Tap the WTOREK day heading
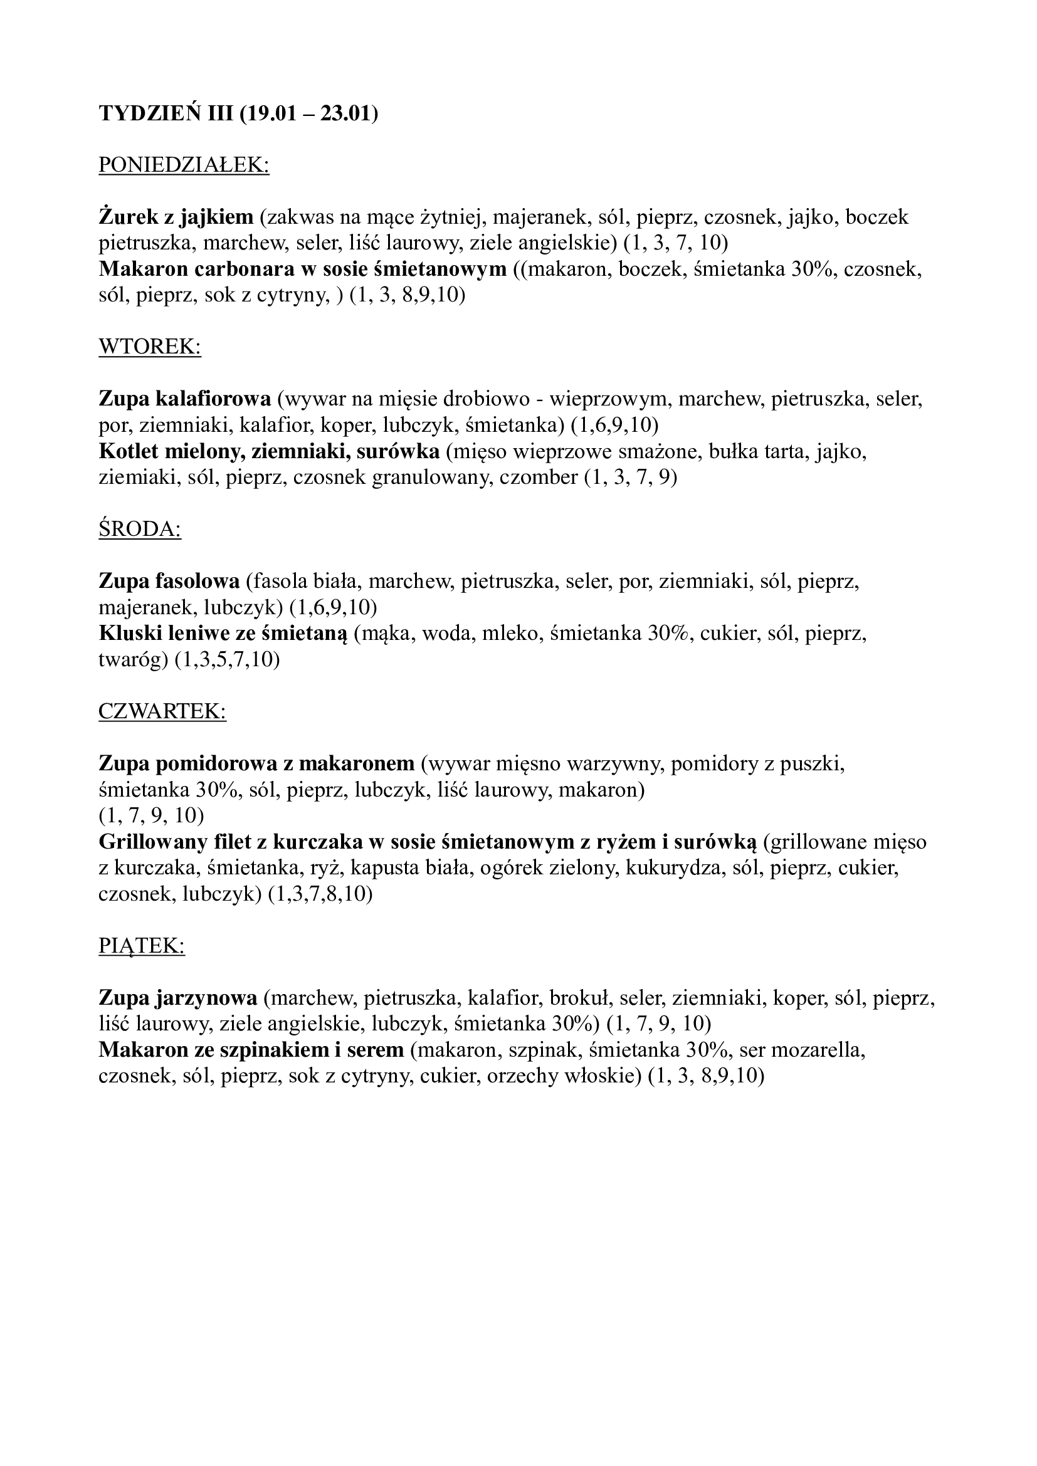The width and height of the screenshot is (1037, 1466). [x=149, y=347]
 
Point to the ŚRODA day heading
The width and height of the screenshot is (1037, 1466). [x=140, y=530]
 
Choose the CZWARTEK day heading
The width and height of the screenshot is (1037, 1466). [x=162, y=711]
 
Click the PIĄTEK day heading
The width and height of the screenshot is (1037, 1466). [x=142, y=946]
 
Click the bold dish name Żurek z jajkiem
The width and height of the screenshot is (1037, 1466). [x=176, y=217]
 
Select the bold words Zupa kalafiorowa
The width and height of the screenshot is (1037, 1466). [x=184, y=400]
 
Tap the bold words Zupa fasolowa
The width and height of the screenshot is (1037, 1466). [x=169, y=582]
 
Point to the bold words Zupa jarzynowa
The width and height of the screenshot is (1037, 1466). [x=177, y=997]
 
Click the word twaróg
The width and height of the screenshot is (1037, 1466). [x=133, y=660]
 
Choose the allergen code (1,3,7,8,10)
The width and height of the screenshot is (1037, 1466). [x=320, y=894]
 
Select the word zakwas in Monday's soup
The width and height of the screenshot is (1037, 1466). [x=299, y=217]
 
